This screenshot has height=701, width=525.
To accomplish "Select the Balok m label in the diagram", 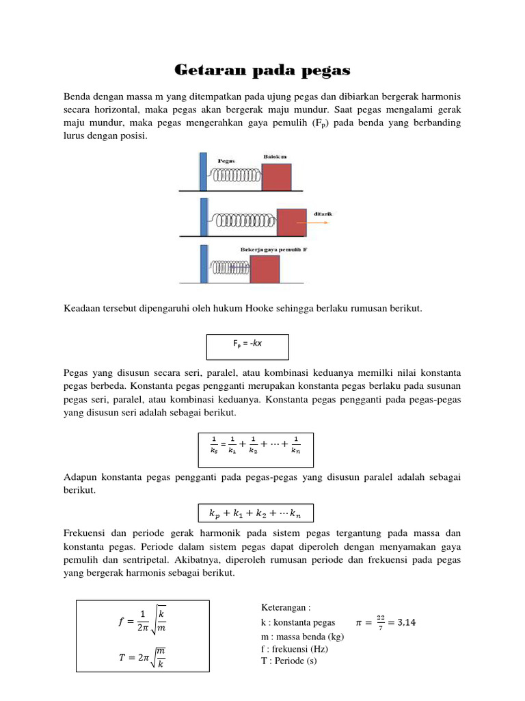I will pos(275,156).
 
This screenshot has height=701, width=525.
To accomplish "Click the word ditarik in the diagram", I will pos(323,214).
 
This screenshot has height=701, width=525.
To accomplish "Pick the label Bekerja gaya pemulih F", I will pos(274,250).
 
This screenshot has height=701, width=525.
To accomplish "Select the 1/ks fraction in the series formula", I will pos(213,444).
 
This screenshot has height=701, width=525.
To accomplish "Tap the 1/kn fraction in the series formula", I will pos(295,444).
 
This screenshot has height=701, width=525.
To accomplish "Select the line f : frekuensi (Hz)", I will pos(295,648).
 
